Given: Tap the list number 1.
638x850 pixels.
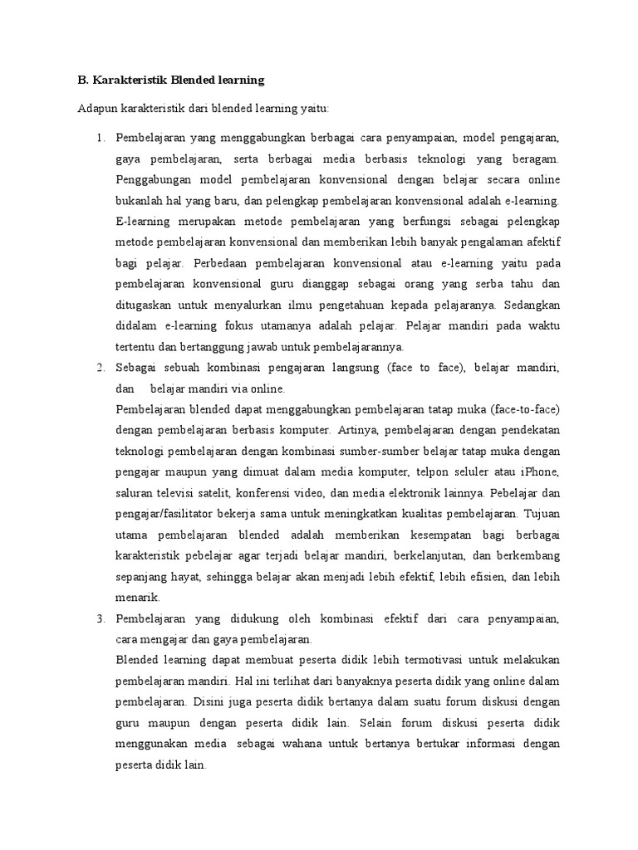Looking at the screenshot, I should tap(101, 137).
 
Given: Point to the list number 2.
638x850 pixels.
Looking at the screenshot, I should tap(101, 367).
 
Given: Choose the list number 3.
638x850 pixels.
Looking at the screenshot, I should tap(101, 619).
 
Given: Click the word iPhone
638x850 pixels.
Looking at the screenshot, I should tap(541, 471).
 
